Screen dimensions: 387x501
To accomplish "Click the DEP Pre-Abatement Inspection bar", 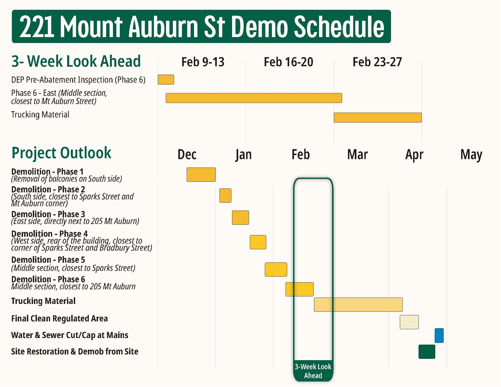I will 166,80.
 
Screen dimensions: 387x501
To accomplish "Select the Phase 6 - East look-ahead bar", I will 254,98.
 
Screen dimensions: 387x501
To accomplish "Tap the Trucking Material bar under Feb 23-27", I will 378,117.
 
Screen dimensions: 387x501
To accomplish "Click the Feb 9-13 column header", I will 203,62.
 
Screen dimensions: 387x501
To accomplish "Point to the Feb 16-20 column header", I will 288,62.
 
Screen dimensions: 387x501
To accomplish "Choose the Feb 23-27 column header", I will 377,62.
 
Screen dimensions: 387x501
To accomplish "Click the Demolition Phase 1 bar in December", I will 201,175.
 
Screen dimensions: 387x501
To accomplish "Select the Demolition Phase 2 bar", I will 225,196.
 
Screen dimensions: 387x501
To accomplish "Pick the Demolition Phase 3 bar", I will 240,218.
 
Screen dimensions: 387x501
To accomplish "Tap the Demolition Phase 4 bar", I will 258,242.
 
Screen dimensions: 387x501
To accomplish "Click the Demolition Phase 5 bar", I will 276,270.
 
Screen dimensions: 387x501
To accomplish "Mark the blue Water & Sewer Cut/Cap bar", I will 439,335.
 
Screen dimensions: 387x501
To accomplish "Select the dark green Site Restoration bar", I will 427,352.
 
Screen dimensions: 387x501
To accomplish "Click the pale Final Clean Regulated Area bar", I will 409,322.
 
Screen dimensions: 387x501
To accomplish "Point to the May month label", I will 471,155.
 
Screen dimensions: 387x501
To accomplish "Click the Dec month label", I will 187,155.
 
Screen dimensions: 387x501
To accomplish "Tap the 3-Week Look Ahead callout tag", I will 313,371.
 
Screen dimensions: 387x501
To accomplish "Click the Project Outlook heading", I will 61,153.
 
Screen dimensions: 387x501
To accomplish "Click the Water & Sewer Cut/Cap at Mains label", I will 70,335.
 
